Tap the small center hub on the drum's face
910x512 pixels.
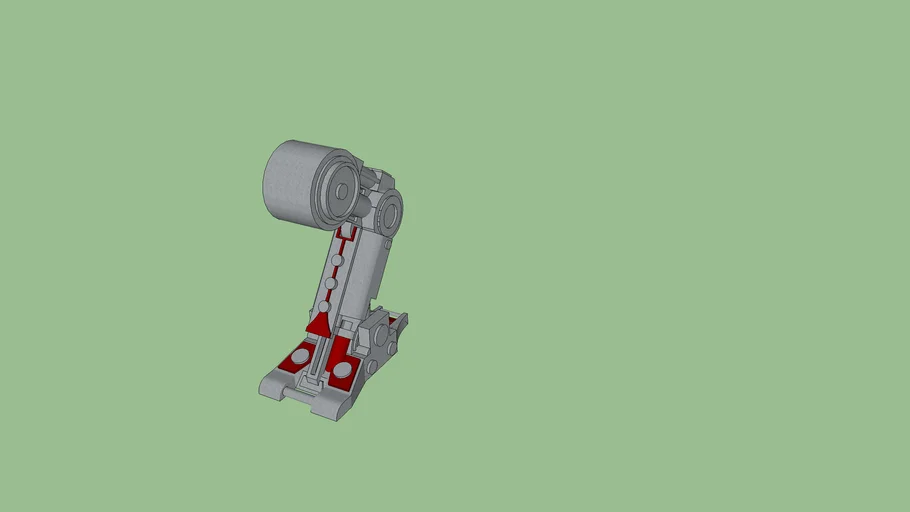[342, 189]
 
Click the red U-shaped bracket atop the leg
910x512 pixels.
[346, 235]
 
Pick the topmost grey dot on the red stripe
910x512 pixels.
[337, 260]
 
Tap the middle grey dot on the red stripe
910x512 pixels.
[330, 284]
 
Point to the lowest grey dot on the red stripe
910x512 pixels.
[324, 307]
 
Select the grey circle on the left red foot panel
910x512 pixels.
[299, 356]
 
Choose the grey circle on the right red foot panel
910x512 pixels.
[343, 370]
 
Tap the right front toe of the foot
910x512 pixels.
[331, 405]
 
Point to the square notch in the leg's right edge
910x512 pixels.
[376, 301]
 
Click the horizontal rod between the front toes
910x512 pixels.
[300, 393]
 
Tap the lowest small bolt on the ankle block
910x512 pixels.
[372, 367]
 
